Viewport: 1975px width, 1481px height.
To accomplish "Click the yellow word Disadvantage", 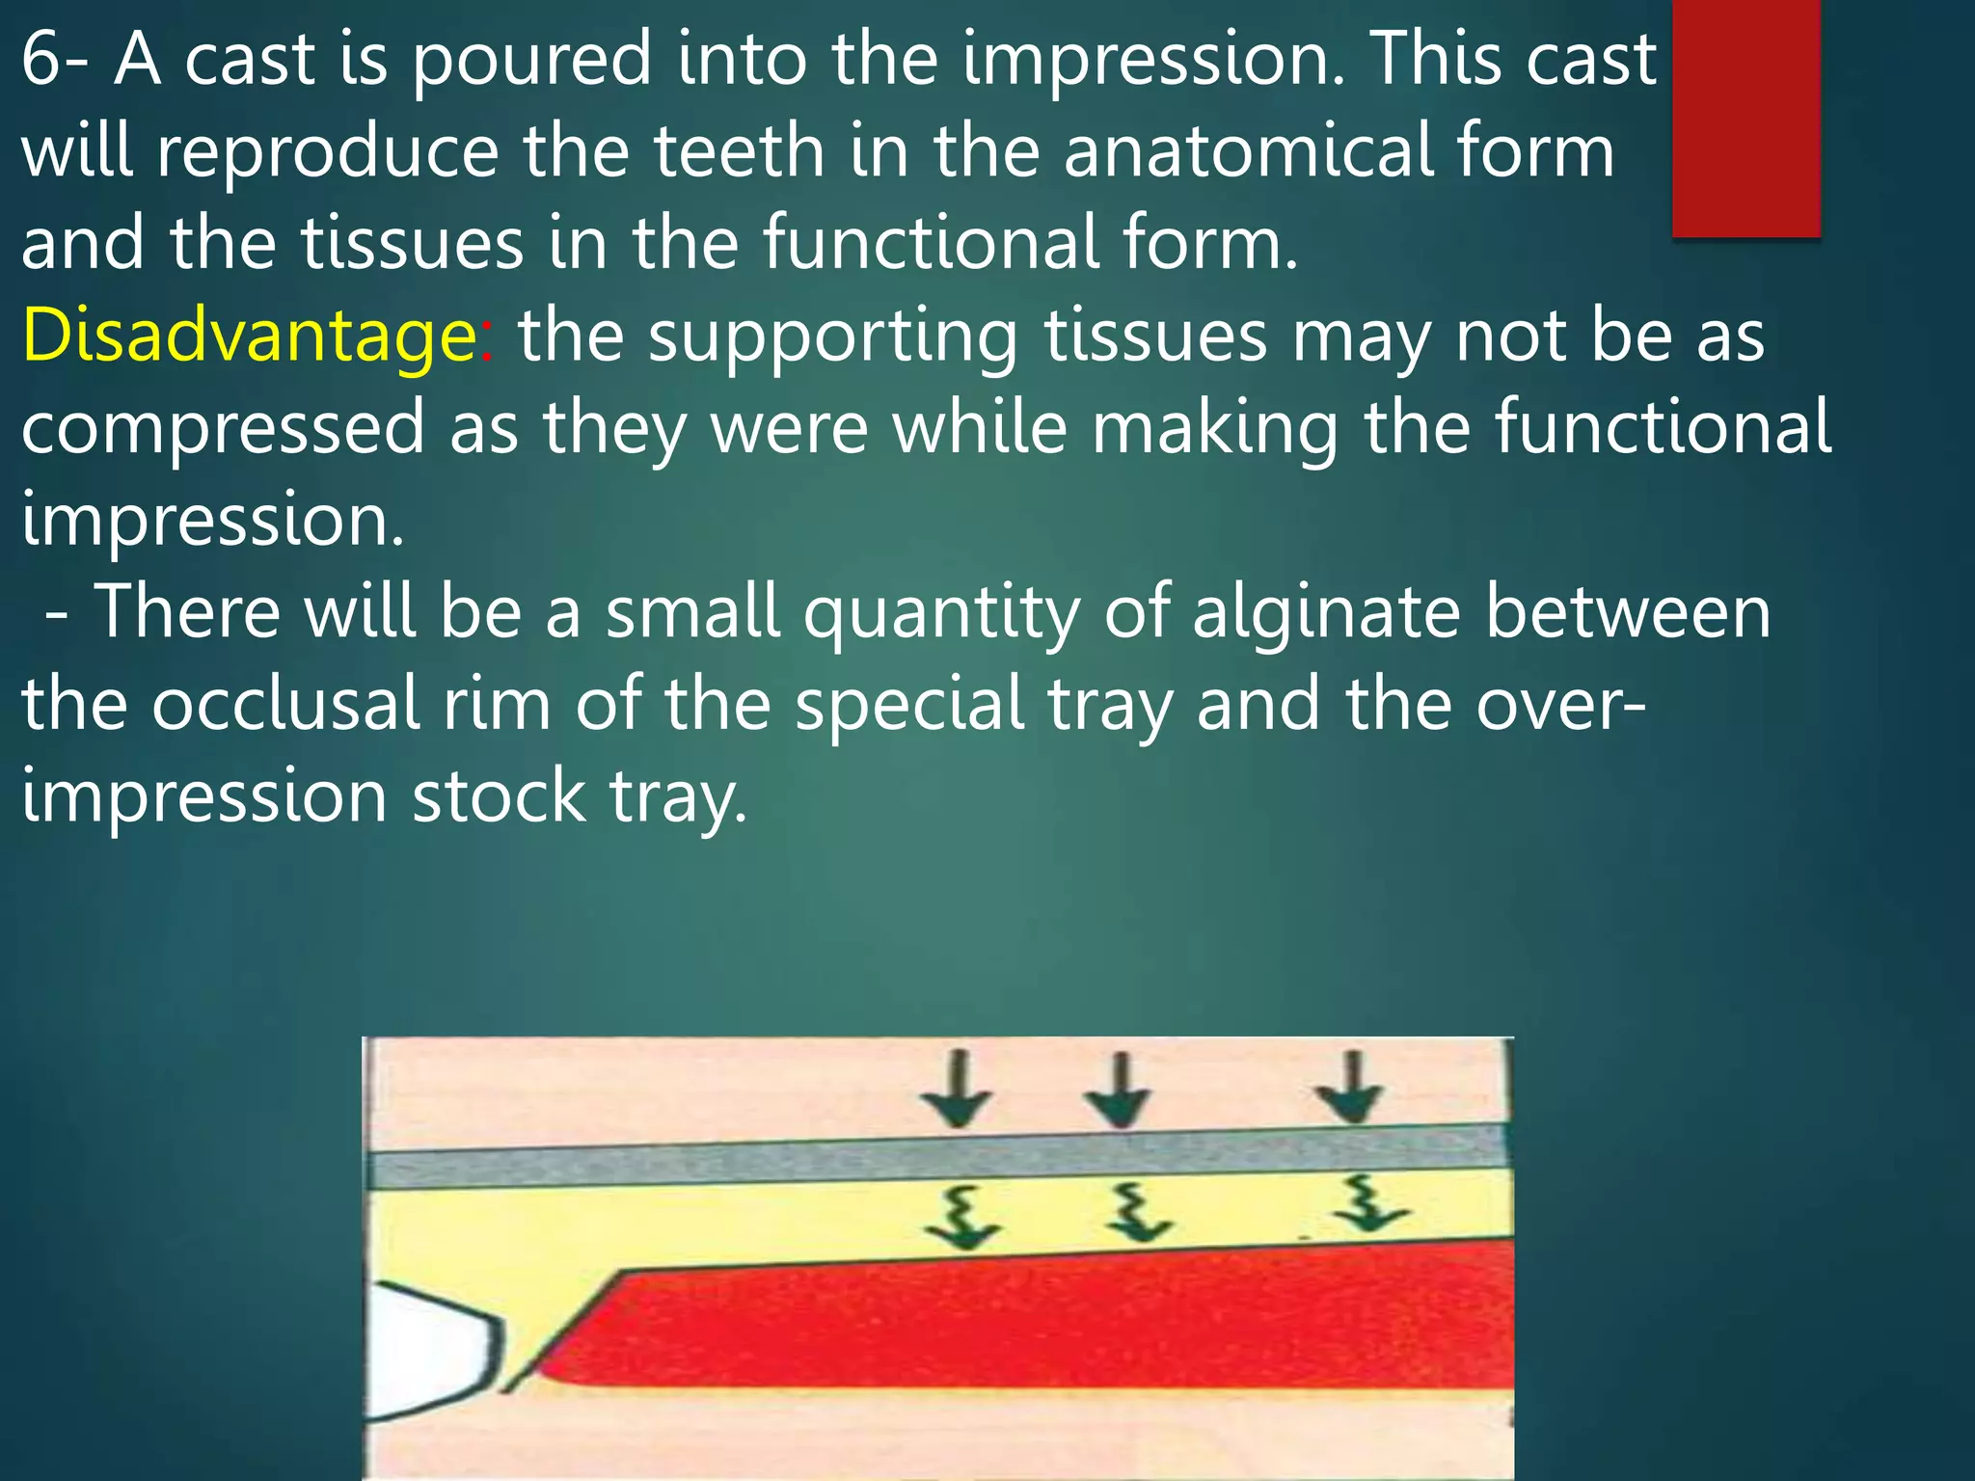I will coord(248,337).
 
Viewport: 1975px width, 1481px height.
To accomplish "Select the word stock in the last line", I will coord(499,797).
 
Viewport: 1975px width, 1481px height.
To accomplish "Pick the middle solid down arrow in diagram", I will coord(1118,1091).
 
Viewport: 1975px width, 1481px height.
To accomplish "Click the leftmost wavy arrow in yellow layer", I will coord(962,1218).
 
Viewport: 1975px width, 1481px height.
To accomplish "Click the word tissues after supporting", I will coord(1155,337).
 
